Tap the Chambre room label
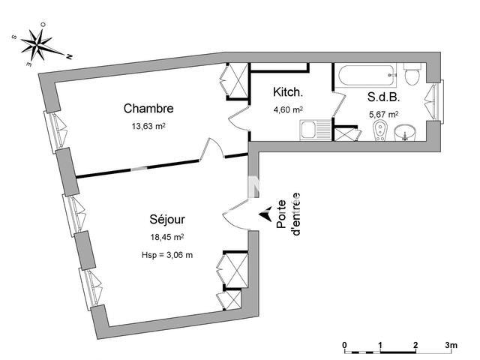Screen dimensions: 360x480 (x=148, y=109)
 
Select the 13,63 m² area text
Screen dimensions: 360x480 (x=148, y=126)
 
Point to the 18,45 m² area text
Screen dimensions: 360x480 (x=166, y=237)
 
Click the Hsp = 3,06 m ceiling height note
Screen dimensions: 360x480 (x=166, y=255)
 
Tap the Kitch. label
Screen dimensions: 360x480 (x=288, y=93)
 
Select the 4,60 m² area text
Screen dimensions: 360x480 (x=288, y=109)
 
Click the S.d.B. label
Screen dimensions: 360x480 (x=382, y=97)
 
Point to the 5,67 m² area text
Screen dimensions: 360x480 (x=383, y=115)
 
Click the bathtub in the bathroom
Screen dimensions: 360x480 (x=365, y=75)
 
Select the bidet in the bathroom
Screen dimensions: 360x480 (x=380, y=133)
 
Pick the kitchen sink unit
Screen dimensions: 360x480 (x=310, y=131)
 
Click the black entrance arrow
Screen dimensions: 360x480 (x=265, y=215)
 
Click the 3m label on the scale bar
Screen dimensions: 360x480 (x=451, y=345)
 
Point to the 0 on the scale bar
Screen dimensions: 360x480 (x=344, y=345)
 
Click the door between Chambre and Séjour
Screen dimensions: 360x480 (x=211, y=150)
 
